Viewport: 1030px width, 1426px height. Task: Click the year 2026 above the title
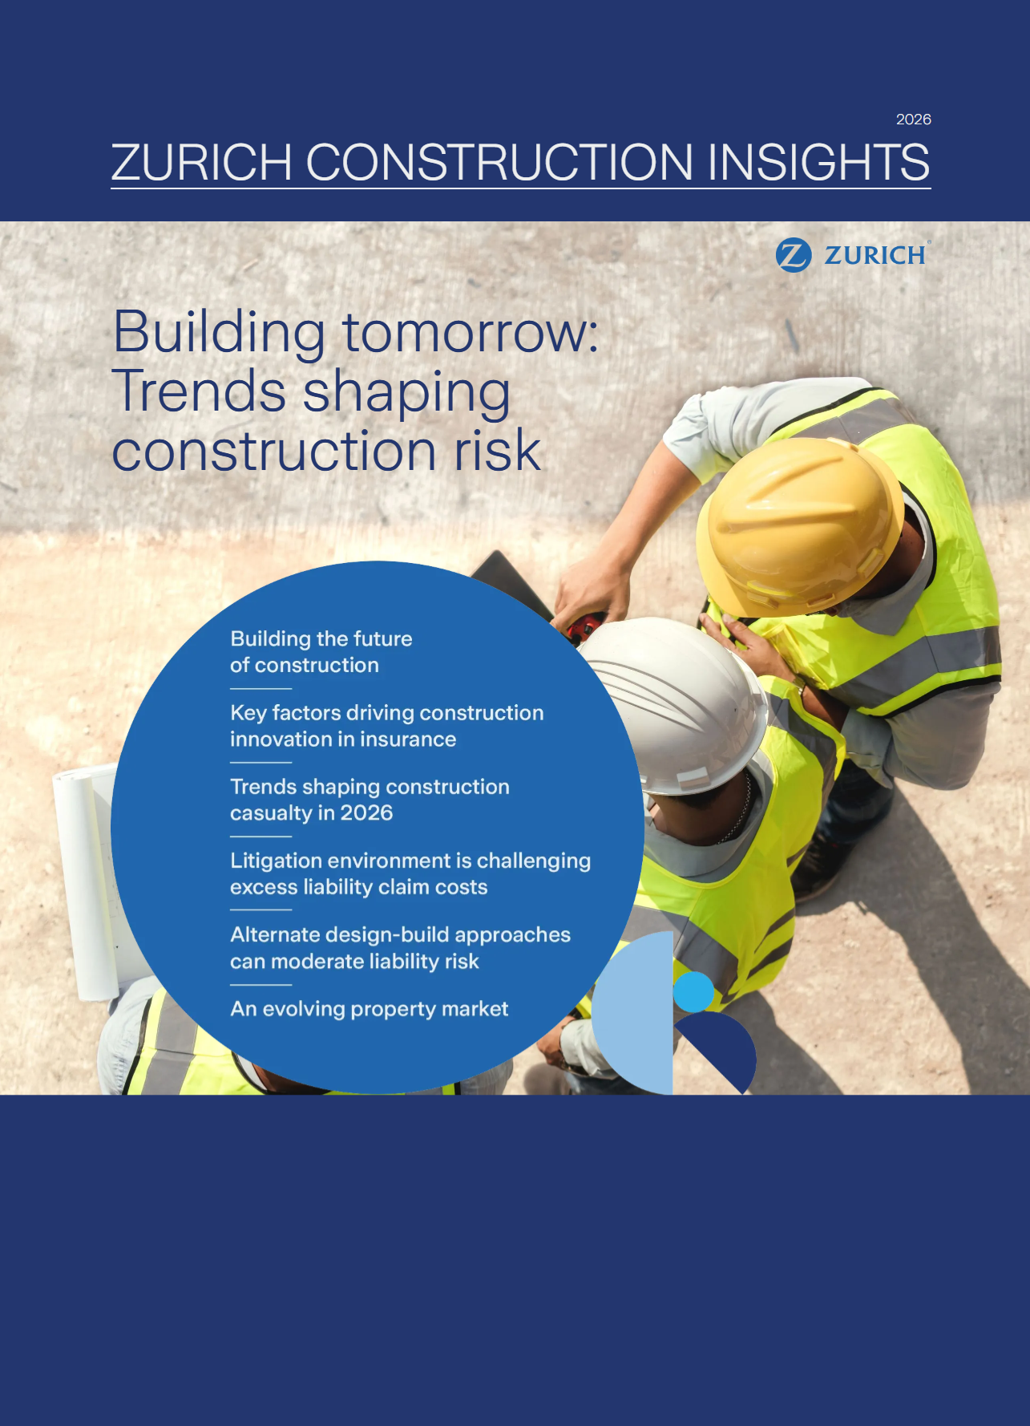coord(913,120)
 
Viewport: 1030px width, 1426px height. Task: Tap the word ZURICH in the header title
coord(201,163)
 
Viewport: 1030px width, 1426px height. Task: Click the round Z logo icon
coord(794,255)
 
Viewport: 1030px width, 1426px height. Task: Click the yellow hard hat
coord(798,525)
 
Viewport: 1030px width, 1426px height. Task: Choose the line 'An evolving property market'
coord(369,1009)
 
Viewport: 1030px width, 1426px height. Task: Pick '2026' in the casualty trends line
coord(366,813)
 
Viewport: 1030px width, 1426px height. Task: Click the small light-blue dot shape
coord(693,992)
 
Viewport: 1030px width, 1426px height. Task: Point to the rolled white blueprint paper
coord(84,882)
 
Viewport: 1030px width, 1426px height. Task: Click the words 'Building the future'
coord(321,639)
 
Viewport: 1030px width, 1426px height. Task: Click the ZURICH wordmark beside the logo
coord(875,255)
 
